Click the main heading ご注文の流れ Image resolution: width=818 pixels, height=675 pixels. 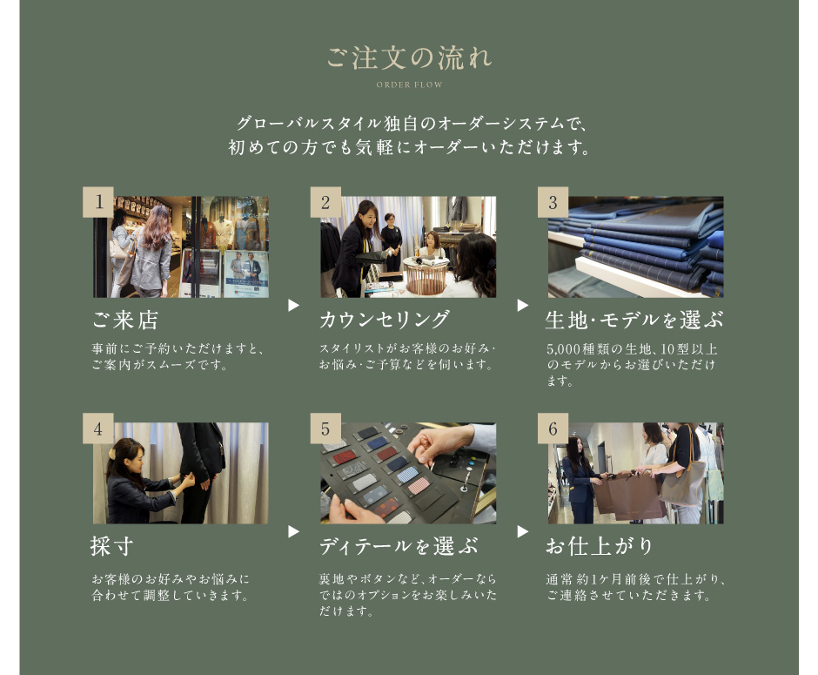pyautogui.click(x=409, y=57)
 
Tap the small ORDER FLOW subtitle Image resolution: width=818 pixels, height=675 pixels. pyautogui.click(x=409, y=84)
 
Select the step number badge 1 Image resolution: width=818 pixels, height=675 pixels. pyautogui.click(x=98, y=202)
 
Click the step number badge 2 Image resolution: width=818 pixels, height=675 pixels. pyautogui.click(x=325, y=202)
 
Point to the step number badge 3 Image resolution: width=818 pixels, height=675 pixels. pyautogui.click(x=553, y=202)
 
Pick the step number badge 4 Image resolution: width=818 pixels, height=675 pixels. pyautogui.click(x=98, y=429)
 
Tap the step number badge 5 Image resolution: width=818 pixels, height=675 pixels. pyautogui.click(x=325, y=429)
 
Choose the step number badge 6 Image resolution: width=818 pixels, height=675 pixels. pyautogui.click(x=553, y=429)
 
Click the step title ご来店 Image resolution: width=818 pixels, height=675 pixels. pyautogui.click(x=125, y=320)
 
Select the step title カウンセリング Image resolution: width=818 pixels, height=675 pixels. pyautogui.click(x=385, y=320)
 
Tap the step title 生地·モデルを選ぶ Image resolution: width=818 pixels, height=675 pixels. pyautogui.click(x=634, y=320)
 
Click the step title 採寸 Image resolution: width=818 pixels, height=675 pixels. pyautogui.click(x=111, y=546)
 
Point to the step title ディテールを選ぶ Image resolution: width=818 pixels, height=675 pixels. pyautogui.click(x=399, y=546)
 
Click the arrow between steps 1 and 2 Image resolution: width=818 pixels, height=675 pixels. pyautogui.click(x=294, y=306)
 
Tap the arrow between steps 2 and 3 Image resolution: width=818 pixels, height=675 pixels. pyautogui.click(x=523, y=306)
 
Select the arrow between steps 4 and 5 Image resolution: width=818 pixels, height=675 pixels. pyautogui.click(x=294, y=531)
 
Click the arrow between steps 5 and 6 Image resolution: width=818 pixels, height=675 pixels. pyautogui.click(x=523, y=531)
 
